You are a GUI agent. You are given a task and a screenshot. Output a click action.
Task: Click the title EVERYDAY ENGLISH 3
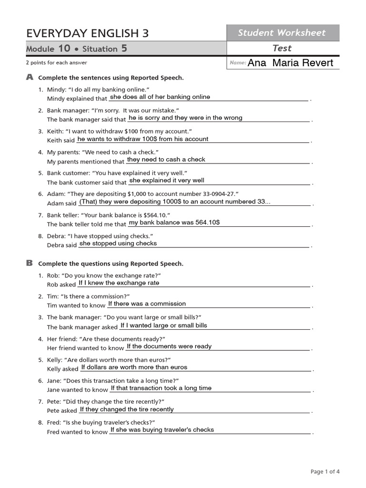tap(87, 33)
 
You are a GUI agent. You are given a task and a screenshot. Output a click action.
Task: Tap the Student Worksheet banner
tap(282, 33)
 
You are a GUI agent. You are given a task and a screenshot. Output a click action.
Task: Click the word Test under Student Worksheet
tap(282, 48)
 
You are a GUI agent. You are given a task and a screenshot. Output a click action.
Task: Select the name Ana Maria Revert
tap(291, 63)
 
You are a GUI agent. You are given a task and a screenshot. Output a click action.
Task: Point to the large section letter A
tap(30, 77)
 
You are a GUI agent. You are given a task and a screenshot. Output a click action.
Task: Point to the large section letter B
tap(30, 263)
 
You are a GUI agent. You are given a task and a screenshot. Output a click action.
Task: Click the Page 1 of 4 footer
tap(325, 472)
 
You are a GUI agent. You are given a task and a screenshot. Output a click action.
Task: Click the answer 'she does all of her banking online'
tap(160, 97)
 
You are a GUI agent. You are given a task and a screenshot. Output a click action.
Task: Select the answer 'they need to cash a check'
tap(166, 160)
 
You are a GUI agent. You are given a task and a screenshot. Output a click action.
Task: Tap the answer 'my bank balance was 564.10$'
tap(174, 223)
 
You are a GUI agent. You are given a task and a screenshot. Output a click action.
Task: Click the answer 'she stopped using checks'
tap(118, 244)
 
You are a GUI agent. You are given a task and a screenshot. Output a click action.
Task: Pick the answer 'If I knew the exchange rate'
tap(119, 283)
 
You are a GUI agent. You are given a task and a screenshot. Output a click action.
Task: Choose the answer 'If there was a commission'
tap(147, 304)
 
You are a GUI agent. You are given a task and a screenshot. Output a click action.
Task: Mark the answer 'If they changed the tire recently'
tap(127, 409)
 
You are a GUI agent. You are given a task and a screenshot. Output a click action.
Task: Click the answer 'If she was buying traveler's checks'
tap(162, 430)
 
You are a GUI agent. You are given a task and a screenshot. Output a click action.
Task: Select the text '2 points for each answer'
tap(56, 62)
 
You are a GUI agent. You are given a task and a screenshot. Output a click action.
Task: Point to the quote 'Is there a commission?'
tap(97, 296)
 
